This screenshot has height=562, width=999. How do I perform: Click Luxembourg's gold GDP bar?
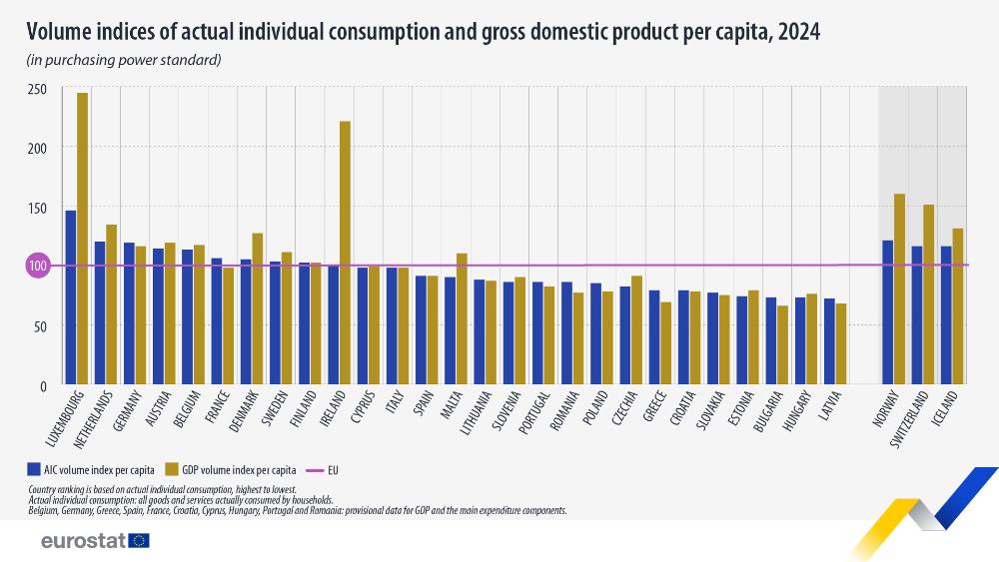tap(82, 240)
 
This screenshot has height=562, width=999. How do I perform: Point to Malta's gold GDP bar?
tap(462, 318)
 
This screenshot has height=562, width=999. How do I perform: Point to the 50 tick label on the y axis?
tap(40, 325)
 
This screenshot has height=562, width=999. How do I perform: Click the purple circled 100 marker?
tap(38, 266)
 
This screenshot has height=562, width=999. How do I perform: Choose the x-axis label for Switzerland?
tap(916, 420)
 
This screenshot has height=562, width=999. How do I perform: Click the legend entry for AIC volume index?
tap(92, 467)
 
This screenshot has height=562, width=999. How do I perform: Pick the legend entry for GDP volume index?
tap(231, 467)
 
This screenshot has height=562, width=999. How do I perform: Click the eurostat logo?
tap(95, 540)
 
